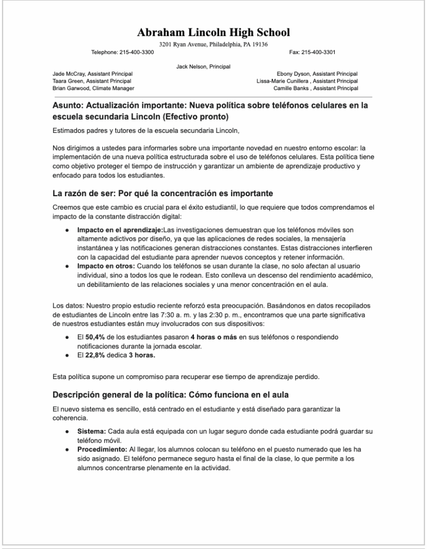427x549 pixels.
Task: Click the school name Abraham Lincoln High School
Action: tap(213, 33)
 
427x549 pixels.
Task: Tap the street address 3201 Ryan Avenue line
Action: tap(213, 44)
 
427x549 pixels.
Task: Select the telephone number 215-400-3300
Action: tap(136, 52)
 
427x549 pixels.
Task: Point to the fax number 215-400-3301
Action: tap(319, 52)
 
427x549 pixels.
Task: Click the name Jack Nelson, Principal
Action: tap(203, 66)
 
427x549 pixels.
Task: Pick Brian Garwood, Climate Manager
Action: tap(93, 88)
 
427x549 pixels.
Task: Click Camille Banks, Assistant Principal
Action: tap(315, 88)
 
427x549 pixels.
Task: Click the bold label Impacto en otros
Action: tap(105, 266)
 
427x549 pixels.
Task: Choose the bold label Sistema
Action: tap(91, 431)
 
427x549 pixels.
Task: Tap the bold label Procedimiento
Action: tap(102, 449)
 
